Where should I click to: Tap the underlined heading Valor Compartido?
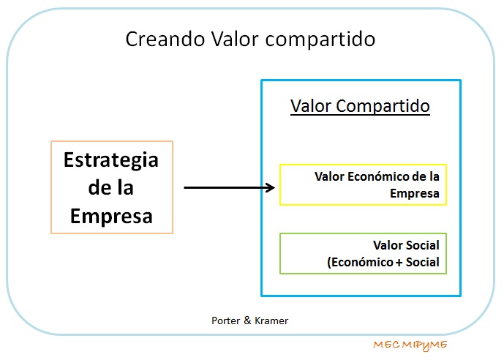tap(360, 106)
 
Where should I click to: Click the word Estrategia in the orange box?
tap(111, 160)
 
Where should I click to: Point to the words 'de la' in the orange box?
tap(111, 187)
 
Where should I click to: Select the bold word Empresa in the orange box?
tap(111, 216)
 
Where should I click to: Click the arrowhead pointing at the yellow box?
tap(270, 188)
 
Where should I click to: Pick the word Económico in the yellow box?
tap(380, 176)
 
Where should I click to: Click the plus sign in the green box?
tap(399, 263)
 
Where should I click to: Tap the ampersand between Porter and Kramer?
tap(247, 320)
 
